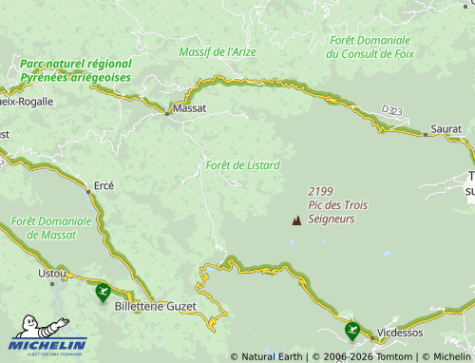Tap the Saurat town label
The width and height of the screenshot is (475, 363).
(446, 127)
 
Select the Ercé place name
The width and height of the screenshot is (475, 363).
(104, 185)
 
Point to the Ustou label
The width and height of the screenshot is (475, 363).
(51, 273)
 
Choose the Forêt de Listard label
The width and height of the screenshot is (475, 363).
(242, 165)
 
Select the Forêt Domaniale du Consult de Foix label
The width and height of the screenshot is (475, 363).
(370, 48)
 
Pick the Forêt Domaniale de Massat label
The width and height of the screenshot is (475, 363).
(51, 227)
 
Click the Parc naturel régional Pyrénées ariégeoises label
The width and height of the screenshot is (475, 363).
(75, 69)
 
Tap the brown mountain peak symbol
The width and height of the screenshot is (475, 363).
(296, 220)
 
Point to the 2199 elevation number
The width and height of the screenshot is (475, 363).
(321, 191)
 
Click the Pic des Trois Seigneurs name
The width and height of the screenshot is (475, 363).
(337, 212)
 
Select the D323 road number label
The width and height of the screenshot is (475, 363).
(391, 111)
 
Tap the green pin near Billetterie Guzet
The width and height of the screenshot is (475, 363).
(103, 292)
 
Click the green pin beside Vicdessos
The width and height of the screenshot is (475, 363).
(352, 330)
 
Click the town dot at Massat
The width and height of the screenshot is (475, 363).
(167, 114)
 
